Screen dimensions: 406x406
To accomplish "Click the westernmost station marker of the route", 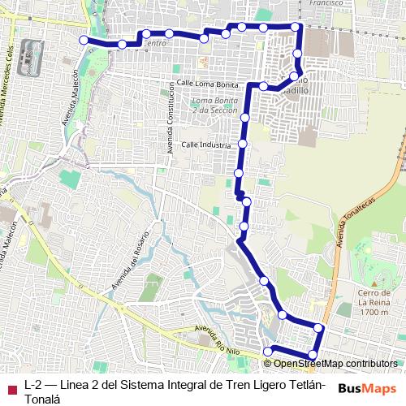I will [x=83, y=40].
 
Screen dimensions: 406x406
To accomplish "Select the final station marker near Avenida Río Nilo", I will [x=267, y=351].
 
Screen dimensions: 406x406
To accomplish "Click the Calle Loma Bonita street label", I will [x=206, y=84].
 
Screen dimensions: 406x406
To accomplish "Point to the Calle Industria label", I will [x=207, y=144].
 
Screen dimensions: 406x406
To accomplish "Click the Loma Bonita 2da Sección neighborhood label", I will [x=213, y=105].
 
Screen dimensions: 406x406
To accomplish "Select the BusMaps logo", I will [x=368, y=388].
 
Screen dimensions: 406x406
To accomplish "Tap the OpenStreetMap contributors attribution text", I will [x=335, y=363].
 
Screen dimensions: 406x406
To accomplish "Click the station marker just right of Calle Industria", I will [x=242, y=144].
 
